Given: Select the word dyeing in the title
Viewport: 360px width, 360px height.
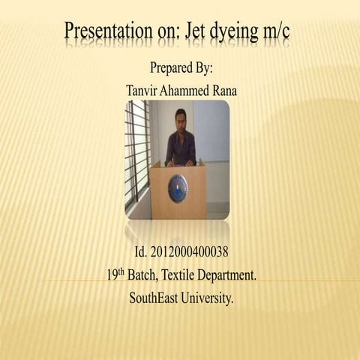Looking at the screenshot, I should pos(239,34).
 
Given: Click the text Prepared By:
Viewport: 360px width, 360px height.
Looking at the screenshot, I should pos(181,67).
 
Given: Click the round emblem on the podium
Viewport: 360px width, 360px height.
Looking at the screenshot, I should pos(178,188).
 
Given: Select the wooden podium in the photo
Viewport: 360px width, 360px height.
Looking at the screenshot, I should pos(178,191).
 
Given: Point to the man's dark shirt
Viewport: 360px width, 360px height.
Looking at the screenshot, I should pos(180,147).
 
